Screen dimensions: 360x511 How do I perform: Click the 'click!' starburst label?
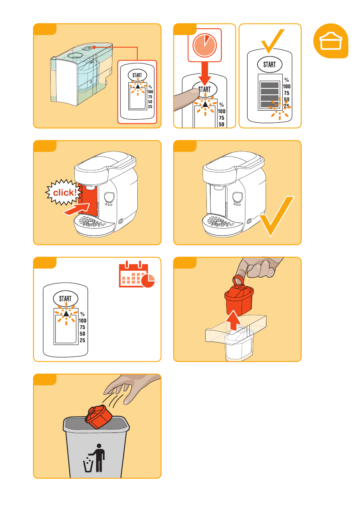coord(64,192)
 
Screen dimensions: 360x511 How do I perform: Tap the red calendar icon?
coord(136,275)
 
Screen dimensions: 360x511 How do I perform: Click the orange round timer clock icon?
coord(205,45)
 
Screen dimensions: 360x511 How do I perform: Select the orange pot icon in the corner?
coord(331,41)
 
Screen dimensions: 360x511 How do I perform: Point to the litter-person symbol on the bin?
coord(95,458)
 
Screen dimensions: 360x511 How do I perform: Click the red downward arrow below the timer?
coord(205,74)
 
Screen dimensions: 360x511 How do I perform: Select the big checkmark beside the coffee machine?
coord(277,215)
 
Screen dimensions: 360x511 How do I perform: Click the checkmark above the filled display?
coord(273,40)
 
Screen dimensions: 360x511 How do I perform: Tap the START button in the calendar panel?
coord(66,299)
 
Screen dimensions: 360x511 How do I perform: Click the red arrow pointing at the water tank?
coord(76,209)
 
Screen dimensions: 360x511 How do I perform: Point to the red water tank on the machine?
coord(88,200)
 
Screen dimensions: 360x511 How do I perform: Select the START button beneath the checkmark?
coord(270,64)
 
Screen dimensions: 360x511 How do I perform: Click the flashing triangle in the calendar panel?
coord(66,314)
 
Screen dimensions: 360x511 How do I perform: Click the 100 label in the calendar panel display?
coord(82,321)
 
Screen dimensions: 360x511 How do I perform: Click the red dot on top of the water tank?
coord(94,47)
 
